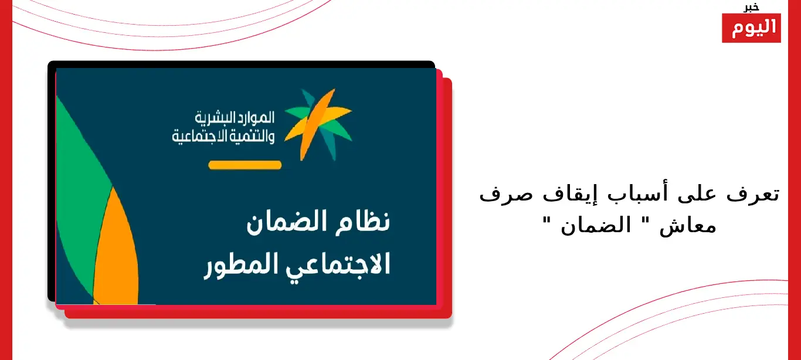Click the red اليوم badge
point(751,28)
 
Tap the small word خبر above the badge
point(751,7)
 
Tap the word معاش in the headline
point(688,226)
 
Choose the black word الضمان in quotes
point(596,225)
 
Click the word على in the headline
point(697,195)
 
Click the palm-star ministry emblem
point(318,124)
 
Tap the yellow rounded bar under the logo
point(245,165)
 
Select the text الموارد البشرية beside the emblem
point(235,118)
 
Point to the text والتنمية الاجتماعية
point(223,137)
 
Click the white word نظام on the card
point(362,222)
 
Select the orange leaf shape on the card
point(116,250)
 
